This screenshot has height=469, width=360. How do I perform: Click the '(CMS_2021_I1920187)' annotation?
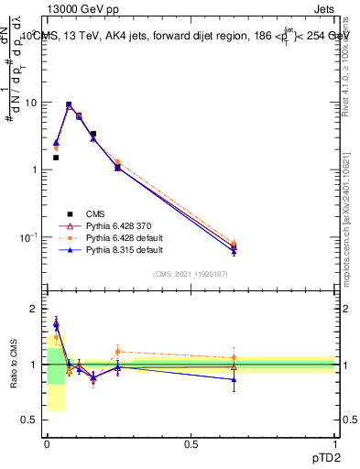coord(191,274)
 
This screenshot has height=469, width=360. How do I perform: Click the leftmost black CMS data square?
coord(56,158)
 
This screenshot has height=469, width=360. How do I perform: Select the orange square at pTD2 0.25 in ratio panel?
coord(117,351)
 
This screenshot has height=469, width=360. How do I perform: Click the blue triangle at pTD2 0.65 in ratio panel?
coord(234,379)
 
